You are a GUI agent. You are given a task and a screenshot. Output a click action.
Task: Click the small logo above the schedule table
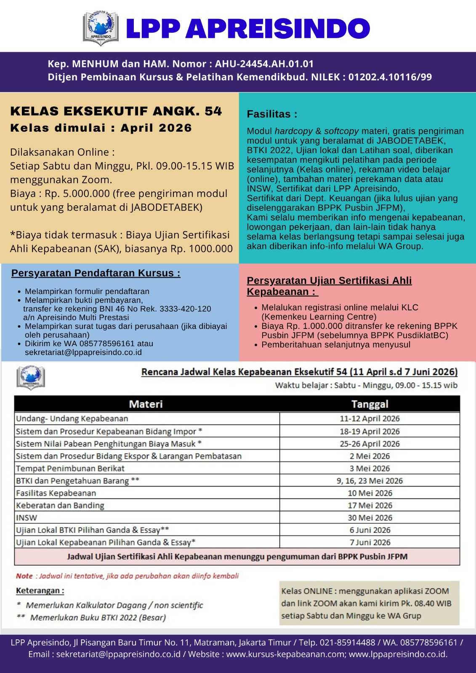30,377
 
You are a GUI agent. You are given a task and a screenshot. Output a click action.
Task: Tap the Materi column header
146,404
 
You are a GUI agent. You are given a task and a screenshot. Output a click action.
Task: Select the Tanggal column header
370,404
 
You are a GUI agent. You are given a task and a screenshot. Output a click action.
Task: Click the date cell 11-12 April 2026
370,419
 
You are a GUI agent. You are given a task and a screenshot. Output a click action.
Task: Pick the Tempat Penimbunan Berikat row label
70,468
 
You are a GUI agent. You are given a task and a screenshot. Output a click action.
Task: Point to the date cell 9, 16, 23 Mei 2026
370,481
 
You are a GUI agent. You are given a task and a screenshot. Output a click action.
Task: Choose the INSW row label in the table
27,518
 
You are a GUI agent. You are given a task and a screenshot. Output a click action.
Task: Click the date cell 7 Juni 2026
370,543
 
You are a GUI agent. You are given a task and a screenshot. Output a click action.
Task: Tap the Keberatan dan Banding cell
60,506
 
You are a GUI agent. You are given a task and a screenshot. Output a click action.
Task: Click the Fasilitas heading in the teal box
272,114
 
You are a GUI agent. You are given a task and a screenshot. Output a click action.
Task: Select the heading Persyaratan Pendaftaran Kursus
96,273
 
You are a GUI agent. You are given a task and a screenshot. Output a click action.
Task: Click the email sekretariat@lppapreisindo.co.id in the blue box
83,352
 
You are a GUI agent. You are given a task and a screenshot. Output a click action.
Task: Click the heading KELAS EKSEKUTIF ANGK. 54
116,111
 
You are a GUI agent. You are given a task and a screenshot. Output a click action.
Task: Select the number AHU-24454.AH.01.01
264,64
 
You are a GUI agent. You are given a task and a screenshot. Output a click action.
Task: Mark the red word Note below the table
24,576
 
